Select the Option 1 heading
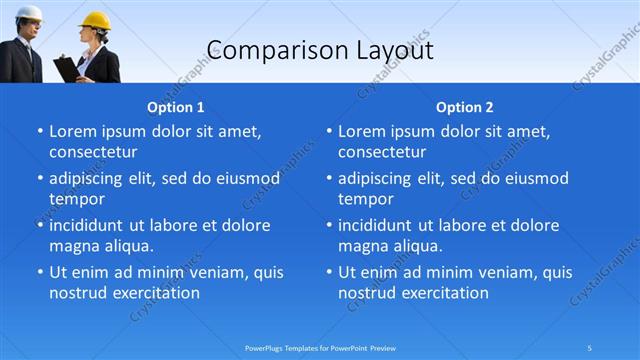coord(175,107)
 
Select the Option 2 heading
coord(464,107)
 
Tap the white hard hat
coord(28,13)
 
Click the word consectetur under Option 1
coord(93,152)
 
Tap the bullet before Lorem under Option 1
coord(39,131)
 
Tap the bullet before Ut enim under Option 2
coord(328,272)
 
